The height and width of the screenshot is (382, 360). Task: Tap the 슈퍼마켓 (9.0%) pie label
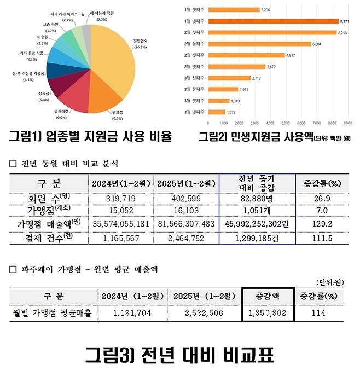pos(61,113)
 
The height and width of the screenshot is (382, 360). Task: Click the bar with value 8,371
pos(273,21)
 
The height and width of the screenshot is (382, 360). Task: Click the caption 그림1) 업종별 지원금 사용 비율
pos(90,135)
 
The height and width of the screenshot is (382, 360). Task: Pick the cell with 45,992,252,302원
pos(257,225)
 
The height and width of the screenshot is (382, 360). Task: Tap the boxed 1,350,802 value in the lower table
pos(268,313)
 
